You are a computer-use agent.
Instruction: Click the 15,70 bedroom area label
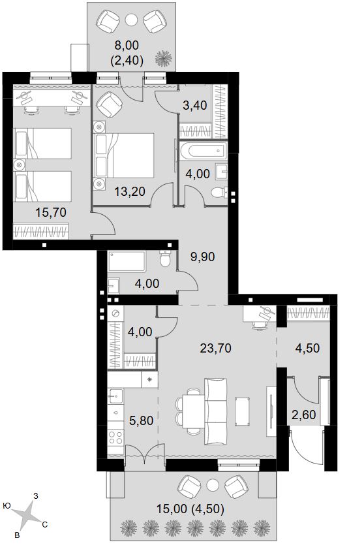pos(51,212)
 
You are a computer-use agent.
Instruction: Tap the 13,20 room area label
pos(130,191)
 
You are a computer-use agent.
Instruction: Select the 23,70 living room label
pos(216,348)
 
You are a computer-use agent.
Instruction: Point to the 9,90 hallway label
pos(203,257)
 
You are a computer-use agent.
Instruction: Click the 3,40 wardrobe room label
pos(195,104)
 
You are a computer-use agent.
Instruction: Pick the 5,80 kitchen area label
pos(142,420)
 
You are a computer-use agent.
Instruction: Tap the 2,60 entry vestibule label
pos(304,415)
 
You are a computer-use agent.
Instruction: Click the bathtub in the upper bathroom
pos(203,150)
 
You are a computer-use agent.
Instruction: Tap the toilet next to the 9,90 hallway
pos(165,259)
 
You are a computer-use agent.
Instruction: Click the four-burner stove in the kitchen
pos(115,438)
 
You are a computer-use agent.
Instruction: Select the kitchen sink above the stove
pos(115,396)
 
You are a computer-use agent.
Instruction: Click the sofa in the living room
pos(215,412)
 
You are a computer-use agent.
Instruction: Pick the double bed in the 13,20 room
pos(124,155)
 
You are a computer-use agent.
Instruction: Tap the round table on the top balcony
pos(131,19)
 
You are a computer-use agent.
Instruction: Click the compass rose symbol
pos(28,514)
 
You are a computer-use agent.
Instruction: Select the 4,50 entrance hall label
pos(307,348)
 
